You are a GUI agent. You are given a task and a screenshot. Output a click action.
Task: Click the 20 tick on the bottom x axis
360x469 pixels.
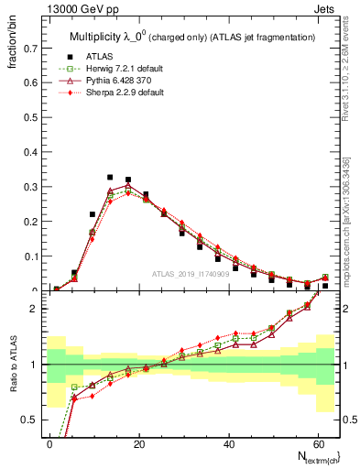click(x=138, y=443)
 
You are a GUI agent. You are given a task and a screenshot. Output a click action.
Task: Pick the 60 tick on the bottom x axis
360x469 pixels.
click(x=316, y=443)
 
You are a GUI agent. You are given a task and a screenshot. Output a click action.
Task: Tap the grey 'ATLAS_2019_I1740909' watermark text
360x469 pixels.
click(x=191, y=275)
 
